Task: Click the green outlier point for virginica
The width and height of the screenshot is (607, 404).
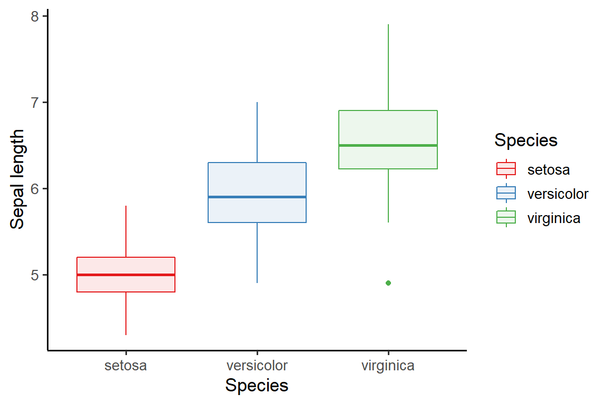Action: tap(388, 283)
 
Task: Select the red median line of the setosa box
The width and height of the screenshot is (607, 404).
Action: tap(126, 275)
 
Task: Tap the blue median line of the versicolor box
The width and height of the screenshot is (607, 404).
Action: tap(257, 197)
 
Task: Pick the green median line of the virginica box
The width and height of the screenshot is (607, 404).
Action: tap(388, 145)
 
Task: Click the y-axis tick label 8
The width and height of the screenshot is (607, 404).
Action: tap(35, 16)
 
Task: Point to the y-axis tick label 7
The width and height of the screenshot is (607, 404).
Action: tap(35, 102)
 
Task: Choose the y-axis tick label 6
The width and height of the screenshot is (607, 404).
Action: tap(35, 188)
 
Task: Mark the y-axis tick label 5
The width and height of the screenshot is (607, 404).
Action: tap(35, 275)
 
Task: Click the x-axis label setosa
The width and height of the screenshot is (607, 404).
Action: tap(126, 366)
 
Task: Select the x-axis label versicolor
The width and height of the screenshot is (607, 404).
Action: tap(257, 366)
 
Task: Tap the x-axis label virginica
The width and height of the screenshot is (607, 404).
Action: tap(388, 366)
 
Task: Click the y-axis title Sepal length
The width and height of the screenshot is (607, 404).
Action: tap(17, 179)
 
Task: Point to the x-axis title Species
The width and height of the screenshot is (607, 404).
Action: tap(257, 386)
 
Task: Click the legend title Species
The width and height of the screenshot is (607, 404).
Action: tap(526, 140)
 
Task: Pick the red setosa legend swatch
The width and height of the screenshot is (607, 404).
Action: tap(506, 169)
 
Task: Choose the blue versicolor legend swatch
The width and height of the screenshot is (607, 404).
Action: tap(506, 194)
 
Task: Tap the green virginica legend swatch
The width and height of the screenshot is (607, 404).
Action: tap(506, 218)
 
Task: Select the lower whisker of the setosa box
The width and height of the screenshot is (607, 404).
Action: tap(126, 314)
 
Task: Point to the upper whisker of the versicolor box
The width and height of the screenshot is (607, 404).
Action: tap(257, 132)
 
